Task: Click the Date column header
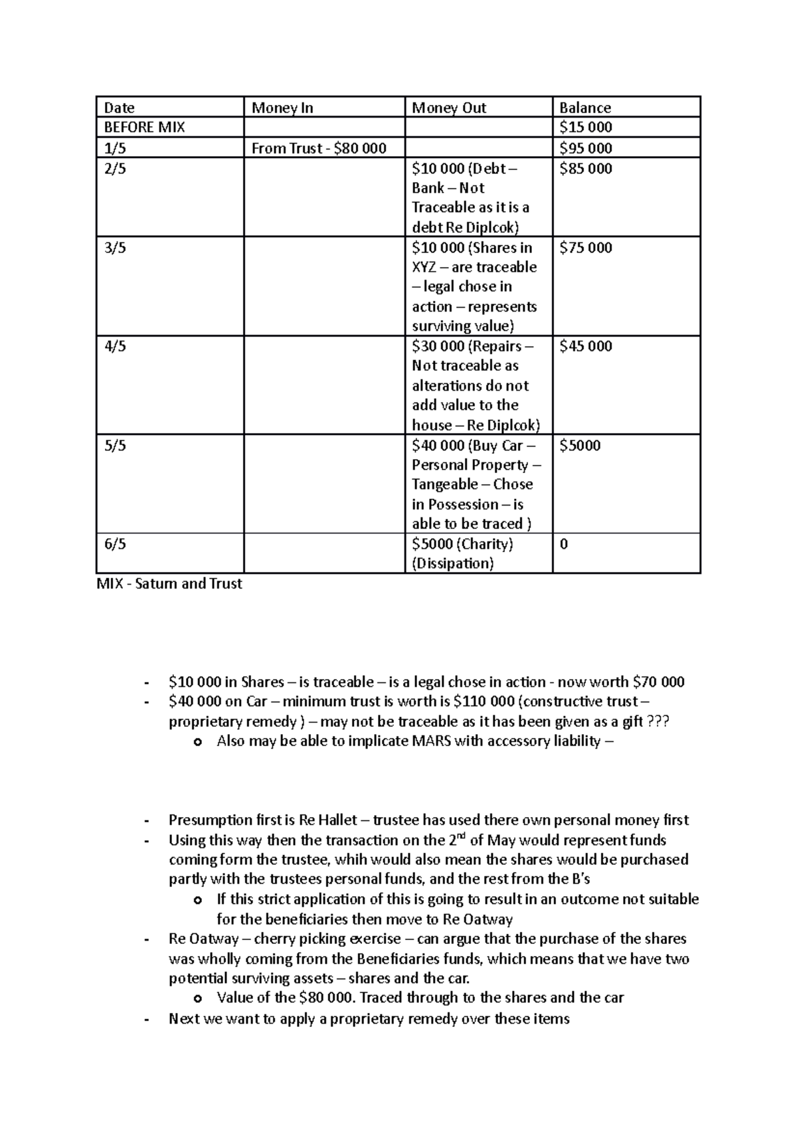pos(120,108)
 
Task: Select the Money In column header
pos(282,108)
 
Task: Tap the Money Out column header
pos(449,108)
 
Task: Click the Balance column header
pos(584,108)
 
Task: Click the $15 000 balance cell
pos(585,128)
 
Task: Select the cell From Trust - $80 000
pos(319,148)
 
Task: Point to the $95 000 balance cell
pos(585,148)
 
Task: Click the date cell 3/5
pos(115,248)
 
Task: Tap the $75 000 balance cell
pos(585,248)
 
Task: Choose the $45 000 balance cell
pos(585,346)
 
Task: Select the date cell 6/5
pos(115,544)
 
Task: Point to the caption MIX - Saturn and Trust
pos(169,584)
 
